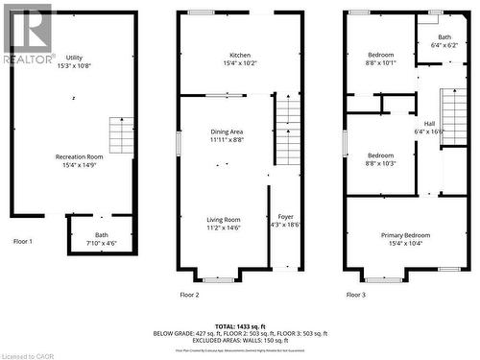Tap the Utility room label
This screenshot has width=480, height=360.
tap(74, 61)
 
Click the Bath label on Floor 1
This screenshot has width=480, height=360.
tap(101, 239)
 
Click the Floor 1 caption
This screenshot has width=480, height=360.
tap(23, 242)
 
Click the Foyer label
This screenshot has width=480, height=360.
tap(286, 220)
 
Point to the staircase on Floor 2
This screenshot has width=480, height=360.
tap(288, 133)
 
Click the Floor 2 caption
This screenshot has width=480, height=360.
tap(190, 295)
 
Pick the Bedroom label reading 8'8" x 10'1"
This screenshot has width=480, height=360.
tap(380, 60)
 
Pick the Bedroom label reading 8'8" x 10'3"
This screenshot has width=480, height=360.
tap(380, 159)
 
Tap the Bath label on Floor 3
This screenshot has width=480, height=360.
tap(444, 40)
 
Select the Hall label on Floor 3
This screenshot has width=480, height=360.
tap(428, 128)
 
